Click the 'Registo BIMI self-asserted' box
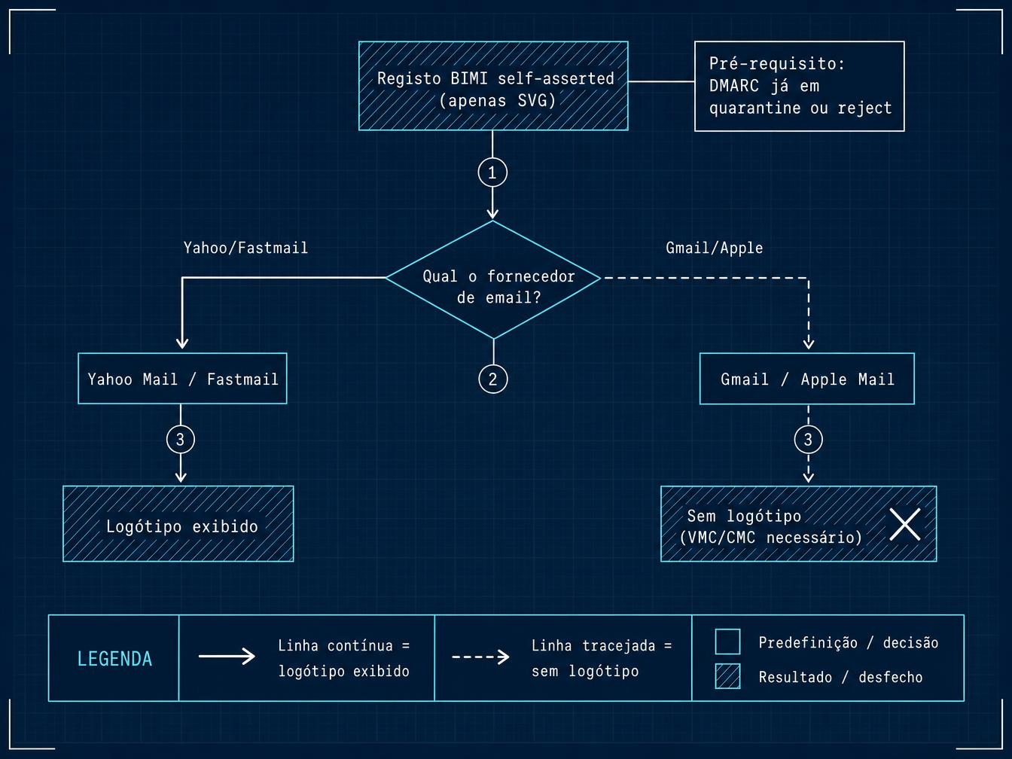coord(493,86)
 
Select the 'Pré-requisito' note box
coord(799,86)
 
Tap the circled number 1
coord(492,173)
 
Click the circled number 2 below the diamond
coord(493,379)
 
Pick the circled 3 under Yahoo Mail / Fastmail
coord(180,439)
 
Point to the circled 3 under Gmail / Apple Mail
coord(808,439)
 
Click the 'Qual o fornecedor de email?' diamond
coord(493,279)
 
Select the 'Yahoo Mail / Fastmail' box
coord(182,378)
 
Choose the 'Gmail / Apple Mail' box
coord(807,379)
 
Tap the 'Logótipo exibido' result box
coord(178,523)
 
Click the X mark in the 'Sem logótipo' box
coord(904,524)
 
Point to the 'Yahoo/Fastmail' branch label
coord(245,248)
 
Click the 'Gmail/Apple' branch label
coord(714,248)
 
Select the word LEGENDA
coord(114,659)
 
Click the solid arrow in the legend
coord(227,657)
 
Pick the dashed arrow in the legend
coord(481,657)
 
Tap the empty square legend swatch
coord(727,642)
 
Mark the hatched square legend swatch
coord(727,676)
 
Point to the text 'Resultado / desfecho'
coord(840,677)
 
